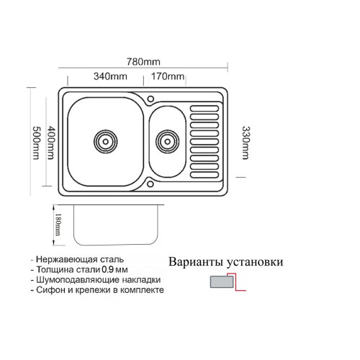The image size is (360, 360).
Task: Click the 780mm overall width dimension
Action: pyautogui.click(x=143, y=62)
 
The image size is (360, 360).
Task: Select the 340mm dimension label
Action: pyautogui.click(x=110, y=76)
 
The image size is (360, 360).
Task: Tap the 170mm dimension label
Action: pyautogui.click(x=168, y=76)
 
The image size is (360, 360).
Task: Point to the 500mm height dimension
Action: pyautogui.click(x=36, y=143)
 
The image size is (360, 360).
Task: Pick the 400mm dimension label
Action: pyautogui.click(x=51, y=143)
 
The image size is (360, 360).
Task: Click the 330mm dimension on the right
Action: pyautogui.click(x=246, y=143)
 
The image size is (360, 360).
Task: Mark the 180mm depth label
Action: pyautogui.click(x=58, y=225)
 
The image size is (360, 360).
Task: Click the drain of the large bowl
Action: pyautogui.click(x=106, y=142)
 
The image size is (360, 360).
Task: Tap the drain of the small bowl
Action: pyautogui.click(x=168, y=142)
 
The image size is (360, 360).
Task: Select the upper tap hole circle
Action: pyautogui.click(x=150, y=99)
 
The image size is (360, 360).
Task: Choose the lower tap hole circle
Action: pyautogui.click(x=150, y=184)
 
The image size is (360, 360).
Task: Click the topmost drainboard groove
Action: pyautogui.click(x=204, y=109)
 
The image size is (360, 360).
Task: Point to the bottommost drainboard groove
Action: pyautogui.click(x=204, y=175)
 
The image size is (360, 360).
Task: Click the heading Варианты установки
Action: pyautogui.click(x=226, y=262)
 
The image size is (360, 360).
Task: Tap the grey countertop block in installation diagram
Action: pyautogui.click(x=222, y=282)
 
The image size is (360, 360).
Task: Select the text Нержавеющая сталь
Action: pyautogui.click(x=80, y=259)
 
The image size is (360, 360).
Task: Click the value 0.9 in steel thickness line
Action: pyautogui.click(x=108, y=269)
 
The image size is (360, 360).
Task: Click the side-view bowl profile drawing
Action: pyautogui.click(x=116, y=225)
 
